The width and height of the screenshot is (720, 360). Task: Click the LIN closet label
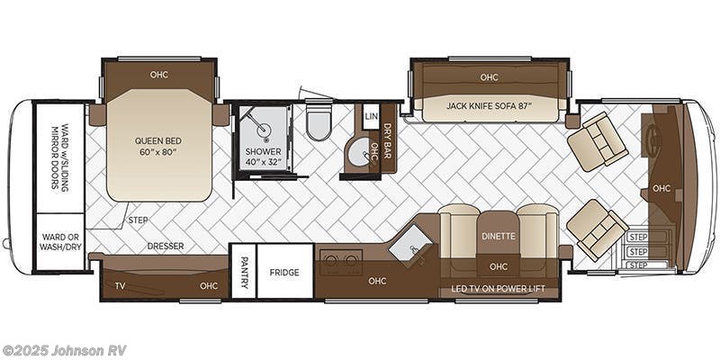(x=371, y=117)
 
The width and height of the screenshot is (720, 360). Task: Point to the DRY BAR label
(x=388, y=139)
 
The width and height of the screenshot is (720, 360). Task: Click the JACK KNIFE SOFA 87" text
(x=490, y=106)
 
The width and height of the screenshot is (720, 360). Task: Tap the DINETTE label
(x=498, y=238)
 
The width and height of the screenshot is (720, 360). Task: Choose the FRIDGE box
(x=285, y=273)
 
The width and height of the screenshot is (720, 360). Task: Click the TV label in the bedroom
(x=120, y=286)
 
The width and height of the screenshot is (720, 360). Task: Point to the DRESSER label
(x=166, y=246)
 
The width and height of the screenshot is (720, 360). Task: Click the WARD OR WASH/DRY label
(x=59, y=241)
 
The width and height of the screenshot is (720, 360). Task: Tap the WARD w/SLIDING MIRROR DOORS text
(x=59, y=157)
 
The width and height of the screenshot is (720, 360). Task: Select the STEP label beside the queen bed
(x=138, y=220)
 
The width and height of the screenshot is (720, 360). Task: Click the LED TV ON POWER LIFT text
(x=498, y=290)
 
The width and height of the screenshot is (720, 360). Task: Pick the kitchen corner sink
(x=411, y=242)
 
